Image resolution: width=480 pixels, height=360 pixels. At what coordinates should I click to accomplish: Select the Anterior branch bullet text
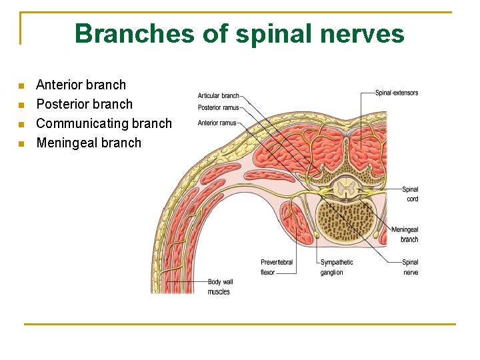(x=81, y=85)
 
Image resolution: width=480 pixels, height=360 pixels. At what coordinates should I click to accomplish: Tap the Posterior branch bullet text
(x=84, y=104)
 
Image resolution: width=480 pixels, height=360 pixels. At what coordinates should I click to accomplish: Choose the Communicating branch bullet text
(x=103, y=123)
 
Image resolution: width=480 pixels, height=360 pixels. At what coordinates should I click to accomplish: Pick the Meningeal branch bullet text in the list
(x=89, y=143)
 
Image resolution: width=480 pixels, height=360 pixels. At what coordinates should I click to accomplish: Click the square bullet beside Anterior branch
(x=21, y=86)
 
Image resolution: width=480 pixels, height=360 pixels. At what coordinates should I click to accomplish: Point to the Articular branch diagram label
(x=218, y=96)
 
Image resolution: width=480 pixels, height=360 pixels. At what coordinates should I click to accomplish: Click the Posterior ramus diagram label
(x=218, y=108)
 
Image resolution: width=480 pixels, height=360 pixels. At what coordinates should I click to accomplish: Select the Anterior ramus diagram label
(x=217, y=123)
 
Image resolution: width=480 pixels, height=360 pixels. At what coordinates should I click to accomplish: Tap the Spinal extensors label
(x=397, y=93)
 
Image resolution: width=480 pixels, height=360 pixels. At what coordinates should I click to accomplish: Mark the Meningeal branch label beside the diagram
(x=406, y=235)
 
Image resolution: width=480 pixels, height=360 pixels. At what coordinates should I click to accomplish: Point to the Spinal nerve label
(x=411, y=267)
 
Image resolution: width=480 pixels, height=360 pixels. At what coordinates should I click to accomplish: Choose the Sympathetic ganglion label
(x=337, y=267)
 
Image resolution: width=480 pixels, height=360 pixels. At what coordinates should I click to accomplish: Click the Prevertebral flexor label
(x=277, y=267)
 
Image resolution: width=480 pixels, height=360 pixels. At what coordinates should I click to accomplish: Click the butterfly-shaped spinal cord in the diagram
(x=345, y=189)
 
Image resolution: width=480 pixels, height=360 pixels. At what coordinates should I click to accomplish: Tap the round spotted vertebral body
(x=345, y=221)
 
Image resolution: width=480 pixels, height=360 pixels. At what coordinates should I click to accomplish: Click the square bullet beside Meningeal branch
(x=21, y=144)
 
